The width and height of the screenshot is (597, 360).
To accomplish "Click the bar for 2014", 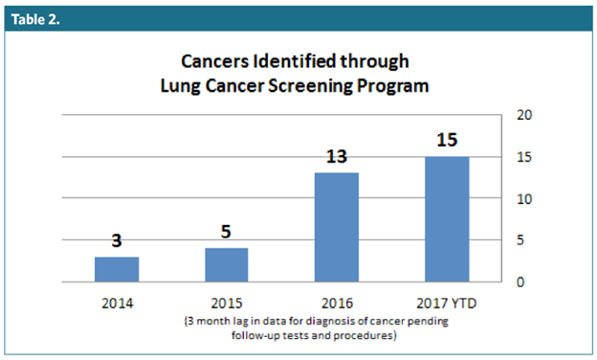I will coord(117,269).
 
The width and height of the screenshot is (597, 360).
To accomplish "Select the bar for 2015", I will coord(227,265).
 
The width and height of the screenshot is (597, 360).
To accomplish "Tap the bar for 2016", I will coord(337,228).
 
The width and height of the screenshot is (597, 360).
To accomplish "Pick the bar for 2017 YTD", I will coord(447,219).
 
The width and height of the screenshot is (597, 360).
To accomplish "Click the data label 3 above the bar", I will coord(117,240).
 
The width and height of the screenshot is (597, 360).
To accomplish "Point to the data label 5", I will coord(227,231).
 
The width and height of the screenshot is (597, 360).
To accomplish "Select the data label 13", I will coord(337,156).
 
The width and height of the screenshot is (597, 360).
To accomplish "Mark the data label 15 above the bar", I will coord(447,139).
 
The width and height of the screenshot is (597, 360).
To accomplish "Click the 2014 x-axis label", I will coord(117,303).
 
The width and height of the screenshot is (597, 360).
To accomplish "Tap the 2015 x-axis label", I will coord(227,303).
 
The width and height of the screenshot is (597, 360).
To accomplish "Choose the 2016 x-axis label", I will coord(337,303).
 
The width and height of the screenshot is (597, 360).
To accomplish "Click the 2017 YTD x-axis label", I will coord(447,303).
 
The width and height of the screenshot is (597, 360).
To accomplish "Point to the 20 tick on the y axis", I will coord(523,115).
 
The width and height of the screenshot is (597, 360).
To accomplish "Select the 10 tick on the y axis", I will coord(523,198).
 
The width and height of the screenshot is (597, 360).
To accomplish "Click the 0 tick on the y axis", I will coord(520,281).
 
